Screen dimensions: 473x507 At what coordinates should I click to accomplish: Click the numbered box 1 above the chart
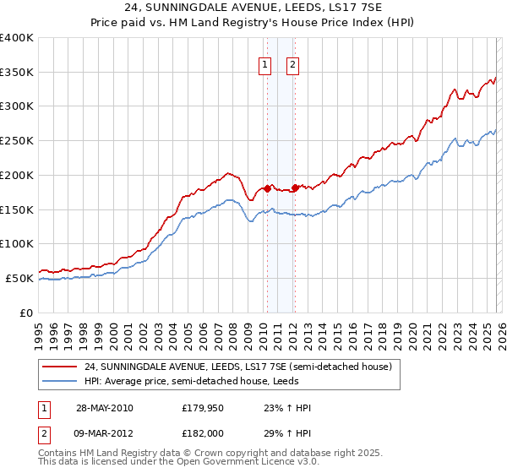point(265,64)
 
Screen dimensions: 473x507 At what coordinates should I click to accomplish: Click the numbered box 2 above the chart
point(292,64)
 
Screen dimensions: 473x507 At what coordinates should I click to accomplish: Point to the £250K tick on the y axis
point(17,141)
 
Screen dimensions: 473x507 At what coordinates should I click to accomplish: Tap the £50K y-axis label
point(19,278)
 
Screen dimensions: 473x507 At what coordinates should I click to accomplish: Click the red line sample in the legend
point(61,367)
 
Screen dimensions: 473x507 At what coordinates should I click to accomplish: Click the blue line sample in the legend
point(61,382)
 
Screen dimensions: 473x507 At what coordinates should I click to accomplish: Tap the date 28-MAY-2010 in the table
point(104,408)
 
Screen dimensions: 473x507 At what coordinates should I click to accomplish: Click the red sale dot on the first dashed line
point(268,188)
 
